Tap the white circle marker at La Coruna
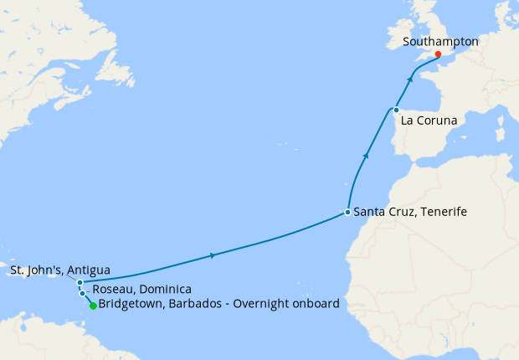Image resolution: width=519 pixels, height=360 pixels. click(396, 110)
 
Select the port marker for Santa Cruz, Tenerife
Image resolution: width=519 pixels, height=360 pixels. click(347, 213)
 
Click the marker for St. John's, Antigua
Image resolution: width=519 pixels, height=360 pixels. click(80, 283)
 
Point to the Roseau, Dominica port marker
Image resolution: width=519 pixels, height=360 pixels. click(82, 293)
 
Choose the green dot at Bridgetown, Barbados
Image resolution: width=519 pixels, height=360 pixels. click(92, 306)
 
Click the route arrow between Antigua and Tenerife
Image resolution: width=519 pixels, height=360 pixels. click(214, 255)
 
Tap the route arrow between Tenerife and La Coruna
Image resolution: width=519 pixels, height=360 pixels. click(366, 156)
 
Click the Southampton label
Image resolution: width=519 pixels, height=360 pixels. click(440, 41)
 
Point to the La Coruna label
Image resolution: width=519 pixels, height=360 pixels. click(429, 121)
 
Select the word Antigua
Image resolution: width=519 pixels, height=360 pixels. click(87, 270)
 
